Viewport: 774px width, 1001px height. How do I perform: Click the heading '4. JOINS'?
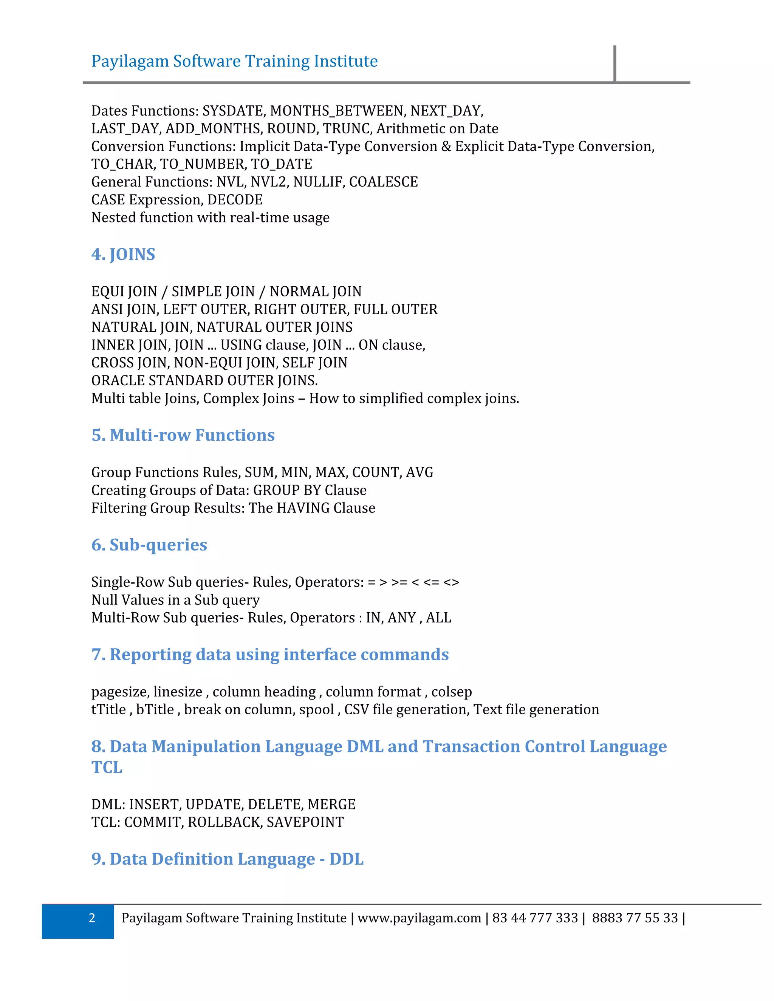(123, 254)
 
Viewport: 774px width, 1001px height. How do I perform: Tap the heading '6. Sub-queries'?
(149, 545)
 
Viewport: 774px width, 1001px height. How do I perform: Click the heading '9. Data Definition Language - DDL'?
(228, 859)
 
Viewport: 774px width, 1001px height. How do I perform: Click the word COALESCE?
(383, 182)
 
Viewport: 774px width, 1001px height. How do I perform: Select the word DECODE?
(235, 200)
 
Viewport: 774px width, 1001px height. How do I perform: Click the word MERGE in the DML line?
(331, 804)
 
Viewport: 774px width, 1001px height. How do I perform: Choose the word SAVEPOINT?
(305, 822)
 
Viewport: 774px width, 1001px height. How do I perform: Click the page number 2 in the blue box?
(92, 918)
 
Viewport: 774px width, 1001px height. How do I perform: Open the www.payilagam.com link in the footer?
(419, 918)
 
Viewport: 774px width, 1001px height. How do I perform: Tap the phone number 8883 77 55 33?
(635, 918)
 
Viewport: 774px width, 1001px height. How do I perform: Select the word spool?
(316, 709)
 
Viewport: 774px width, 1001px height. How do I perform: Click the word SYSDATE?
(234, 111)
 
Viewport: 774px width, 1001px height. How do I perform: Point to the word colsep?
(451, 692)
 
